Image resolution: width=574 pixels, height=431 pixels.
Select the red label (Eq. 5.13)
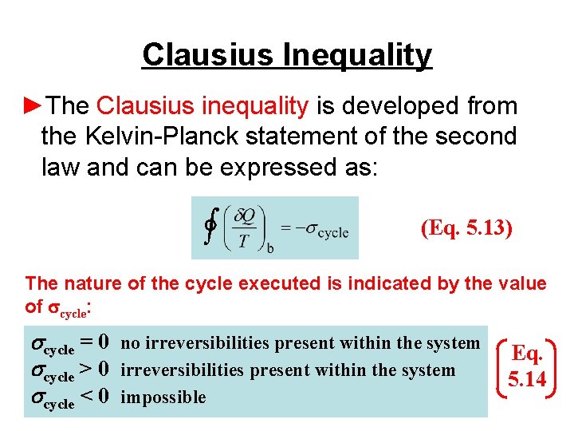pos(466,228)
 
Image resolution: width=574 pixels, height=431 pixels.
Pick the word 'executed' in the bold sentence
pos(273,283)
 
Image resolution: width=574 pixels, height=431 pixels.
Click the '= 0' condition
pos(93,342)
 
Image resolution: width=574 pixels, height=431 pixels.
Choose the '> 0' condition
pos(93,370)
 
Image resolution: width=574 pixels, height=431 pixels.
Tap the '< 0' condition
pos(93,397)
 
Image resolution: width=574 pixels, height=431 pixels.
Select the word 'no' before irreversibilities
pos(131,343)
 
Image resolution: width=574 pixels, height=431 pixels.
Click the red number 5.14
pos(526,378)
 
